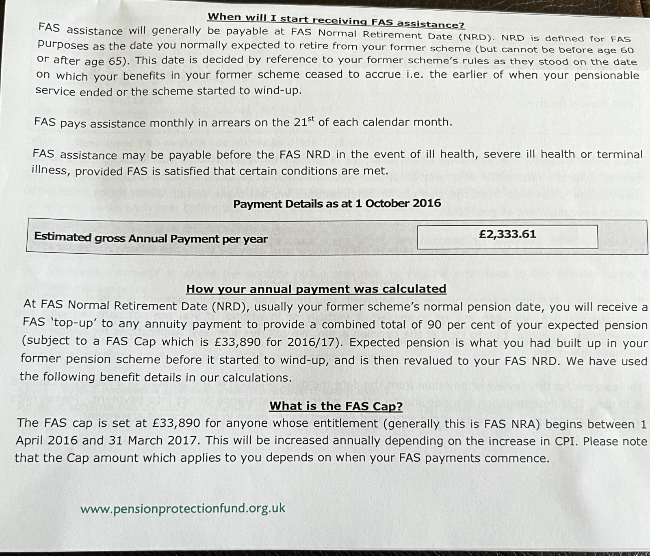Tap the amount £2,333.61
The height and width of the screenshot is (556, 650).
coord(507,234)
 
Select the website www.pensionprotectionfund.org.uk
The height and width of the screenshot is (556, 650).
coord(183,509)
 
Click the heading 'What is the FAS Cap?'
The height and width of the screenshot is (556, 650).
coord(336,406)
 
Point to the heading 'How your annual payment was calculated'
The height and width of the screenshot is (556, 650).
coord(316,289)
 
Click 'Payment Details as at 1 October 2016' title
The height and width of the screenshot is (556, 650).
coord(337,204)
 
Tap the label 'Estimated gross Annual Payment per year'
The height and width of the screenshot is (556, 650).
coord(151,238)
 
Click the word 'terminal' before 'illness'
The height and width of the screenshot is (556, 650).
coord(620,155)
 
